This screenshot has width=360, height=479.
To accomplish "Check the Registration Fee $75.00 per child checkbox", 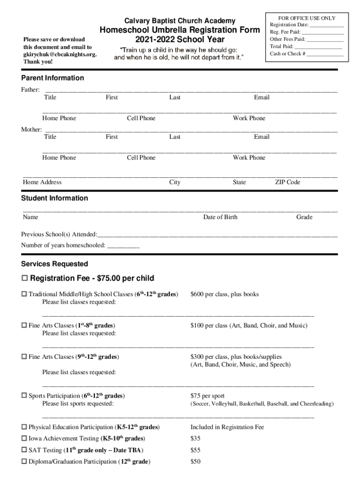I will (25, 279).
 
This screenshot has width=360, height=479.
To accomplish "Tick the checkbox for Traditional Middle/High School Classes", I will (24, 295).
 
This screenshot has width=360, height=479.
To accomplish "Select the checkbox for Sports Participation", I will (24, 396).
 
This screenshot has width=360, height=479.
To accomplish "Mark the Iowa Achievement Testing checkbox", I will (24, 439).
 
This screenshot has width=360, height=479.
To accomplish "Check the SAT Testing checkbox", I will (24, 450).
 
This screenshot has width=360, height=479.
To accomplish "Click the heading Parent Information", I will (52, 78).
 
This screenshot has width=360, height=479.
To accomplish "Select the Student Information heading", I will (54, 198).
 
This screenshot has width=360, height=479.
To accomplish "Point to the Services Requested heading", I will (54, 264).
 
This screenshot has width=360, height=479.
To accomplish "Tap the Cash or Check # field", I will (325, 54).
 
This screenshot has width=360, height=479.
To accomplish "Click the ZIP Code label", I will (287, 182).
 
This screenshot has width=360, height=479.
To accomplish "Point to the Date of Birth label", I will (220, 217).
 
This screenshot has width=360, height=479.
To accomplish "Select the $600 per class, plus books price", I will (224, 294).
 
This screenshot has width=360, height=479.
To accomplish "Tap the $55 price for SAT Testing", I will (195, 450).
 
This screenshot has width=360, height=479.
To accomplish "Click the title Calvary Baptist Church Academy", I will (180, 21).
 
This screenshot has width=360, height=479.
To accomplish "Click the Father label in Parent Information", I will (30, 89).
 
